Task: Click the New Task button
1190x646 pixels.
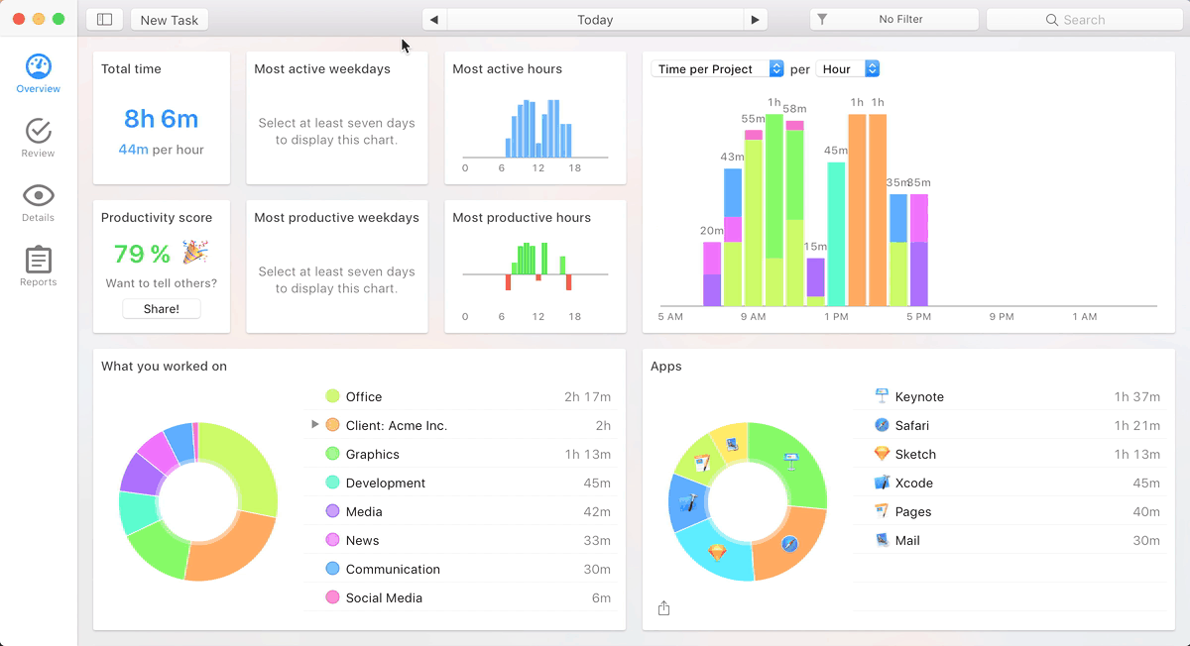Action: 170,20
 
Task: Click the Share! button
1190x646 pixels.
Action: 162,308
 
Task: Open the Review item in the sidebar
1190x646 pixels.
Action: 38,137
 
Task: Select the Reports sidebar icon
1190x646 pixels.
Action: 38,266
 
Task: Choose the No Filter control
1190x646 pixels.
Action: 893,20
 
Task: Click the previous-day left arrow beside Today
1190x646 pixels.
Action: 433,20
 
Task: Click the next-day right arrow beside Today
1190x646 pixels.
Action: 756,20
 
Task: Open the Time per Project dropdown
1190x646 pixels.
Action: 718,69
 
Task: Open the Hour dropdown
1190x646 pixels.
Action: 848,69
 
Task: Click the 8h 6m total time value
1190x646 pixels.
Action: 162,119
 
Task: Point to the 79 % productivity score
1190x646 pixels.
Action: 143,255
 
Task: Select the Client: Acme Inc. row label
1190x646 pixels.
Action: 397,426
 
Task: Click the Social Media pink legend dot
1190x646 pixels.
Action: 332,597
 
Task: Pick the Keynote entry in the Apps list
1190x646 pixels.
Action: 919,397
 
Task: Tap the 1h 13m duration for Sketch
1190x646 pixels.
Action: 1136,455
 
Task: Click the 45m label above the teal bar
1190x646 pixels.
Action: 836,151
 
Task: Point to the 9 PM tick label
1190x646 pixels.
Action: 1002,317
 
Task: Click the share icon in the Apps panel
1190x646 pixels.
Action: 664,608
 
